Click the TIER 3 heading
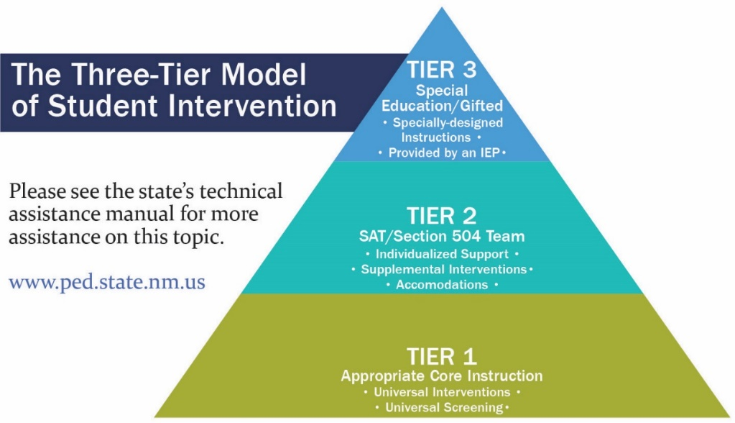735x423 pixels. click(441, 70)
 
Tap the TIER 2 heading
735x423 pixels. click(441, 216)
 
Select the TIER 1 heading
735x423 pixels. click(441, 356)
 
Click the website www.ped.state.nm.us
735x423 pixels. click(107, 281)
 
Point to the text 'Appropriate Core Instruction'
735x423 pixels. click(441, 376)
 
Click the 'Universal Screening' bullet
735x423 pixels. click(441, 407)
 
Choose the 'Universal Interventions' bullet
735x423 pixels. click(441, 392)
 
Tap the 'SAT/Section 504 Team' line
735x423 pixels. click(441, 236)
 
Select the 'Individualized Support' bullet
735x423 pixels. click(441, 254)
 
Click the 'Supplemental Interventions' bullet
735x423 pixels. click(441, 269)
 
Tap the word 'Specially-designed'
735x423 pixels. click(447, 122)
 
